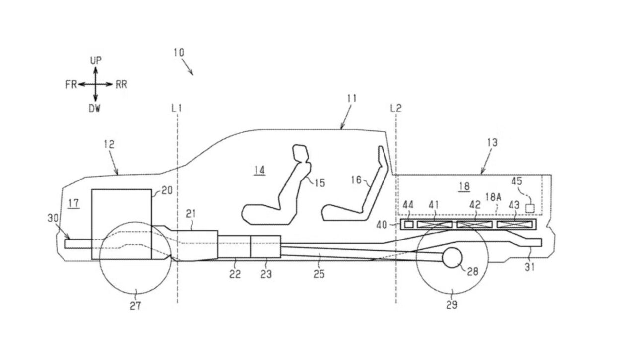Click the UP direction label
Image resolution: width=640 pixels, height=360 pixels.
(x=96, y=60)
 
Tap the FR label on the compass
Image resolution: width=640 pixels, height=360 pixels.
(x=71, y=84)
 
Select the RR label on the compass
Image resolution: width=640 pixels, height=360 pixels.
(x=121, y=84)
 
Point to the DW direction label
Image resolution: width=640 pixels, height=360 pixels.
(x=95, y=108)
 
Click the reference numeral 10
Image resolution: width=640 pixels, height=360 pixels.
(x=179, y=52)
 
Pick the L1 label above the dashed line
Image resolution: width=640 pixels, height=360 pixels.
(x=177, y=108)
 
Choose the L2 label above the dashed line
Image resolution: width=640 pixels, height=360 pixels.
(x=396, y=108)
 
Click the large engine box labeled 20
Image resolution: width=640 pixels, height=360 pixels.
(x=122, y=224)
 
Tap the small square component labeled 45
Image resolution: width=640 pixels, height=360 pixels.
(x=530, y=208)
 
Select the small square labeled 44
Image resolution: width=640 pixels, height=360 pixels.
(x=409, y=225)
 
